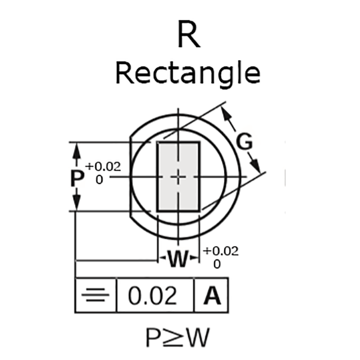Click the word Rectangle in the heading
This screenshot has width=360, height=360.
[x=188, y=73]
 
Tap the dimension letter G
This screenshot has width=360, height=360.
[x=244, y=142]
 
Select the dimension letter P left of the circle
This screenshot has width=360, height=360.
[x=77, y=178]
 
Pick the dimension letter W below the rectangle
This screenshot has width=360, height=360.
[x=178, y=259]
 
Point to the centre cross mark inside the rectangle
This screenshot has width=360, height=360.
[x=179, y=177]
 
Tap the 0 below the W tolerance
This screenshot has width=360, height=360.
[x=217, y=264]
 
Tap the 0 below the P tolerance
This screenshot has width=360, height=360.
[x=99, y=179]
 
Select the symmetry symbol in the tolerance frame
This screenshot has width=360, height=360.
[x=95, y=296]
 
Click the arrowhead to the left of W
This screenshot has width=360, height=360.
[x=162, y=259]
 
